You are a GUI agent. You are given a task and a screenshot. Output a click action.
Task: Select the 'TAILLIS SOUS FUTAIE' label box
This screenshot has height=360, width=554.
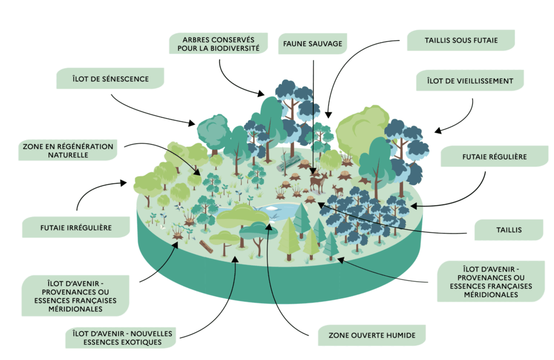coord(461,39)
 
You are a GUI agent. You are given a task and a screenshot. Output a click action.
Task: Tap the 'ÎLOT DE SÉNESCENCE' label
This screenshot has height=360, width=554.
coord(110,78)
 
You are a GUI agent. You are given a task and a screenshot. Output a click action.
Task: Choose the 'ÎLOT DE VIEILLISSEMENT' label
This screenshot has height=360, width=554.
coord(470,81)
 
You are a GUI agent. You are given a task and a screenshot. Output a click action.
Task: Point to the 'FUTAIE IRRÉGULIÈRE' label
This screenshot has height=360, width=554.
coord(76,228)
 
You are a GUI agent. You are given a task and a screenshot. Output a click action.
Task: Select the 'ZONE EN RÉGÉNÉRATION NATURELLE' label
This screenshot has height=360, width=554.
coord(68,151)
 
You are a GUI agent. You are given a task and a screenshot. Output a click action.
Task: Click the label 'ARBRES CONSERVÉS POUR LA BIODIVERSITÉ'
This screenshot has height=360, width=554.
coord(219,44)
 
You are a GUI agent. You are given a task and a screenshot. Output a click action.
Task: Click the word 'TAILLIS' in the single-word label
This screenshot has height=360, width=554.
coord(509,230)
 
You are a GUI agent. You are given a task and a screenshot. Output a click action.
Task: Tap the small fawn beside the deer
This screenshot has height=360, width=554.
coord(338,190)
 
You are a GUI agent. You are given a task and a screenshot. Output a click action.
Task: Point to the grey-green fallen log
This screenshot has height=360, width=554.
coord(289,163)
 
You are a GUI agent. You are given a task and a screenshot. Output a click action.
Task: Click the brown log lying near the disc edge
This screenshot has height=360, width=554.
coord(206,246)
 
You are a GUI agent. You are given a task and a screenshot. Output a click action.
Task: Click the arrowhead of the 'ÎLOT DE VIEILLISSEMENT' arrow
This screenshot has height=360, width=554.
coord(437,131)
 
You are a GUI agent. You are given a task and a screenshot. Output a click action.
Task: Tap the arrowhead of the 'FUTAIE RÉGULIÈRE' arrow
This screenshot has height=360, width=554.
coord(413,205)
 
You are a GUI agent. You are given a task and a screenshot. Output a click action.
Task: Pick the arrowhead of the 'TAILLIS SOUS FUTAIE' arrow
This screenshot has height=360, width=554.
coord(328,115)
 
